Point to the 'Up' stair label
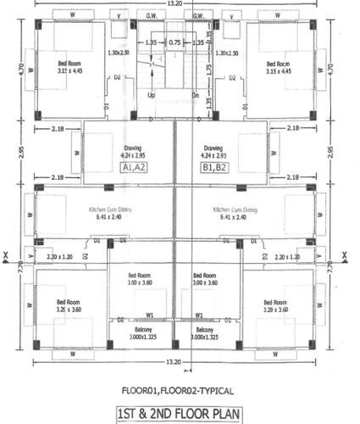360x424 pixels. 152,95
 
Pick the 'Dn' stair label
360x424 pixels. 195,95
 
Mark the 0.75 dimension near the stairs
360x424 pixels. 175,42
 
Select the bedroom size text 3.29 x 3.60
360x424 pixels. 276,310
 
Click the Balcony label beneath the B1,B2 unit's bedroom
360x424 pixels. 204,329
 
